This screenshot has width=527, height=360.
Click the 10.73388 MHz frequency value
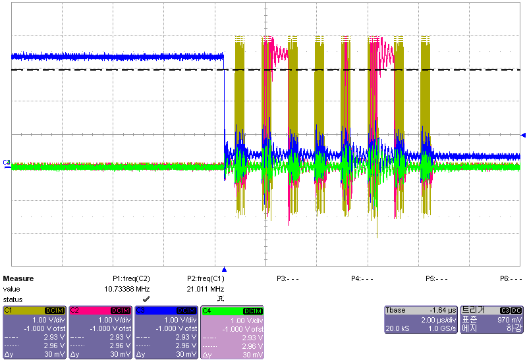[x=127, y=289]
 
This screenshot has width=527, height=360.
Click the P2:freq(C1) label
[x=206, y=279]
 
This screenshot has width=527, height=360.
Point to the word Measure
[x=18, y=279]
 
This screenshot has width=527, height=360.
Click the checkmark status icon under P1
[x=146, y=299]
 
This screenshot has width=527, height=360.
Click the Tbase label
[x=396, y=310]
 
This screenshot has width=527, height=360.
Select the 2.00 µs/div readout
[x=438, y=319]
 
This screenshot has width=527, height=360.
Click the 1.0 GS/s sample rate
[x=441, y=328]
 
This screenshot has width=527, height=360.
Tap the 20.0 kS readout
[x=397, y=328]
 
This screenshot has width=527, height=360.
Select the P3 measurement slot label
[x=287, y=279]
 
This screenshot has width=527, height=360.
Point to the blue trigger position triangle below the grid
[x=225, y=269]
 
